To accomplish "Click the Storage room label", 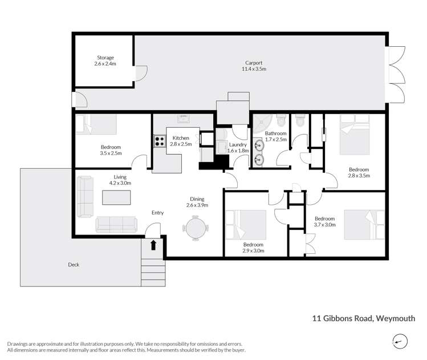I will (105, 61).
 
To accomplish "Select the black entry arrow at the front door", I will (153, 245).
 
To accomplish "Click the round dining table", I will (196, 229).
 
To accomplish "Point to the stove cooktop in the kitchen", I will (158, 141).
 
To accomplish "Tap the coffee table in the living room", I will (116, 197).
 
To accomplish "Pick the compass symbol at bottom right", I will (400, 342).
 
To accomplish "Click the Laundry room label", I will (238, 148).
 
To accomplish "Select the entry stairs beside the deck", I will (153, 273).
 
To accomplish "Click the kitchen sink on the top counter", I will (184, 119).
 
